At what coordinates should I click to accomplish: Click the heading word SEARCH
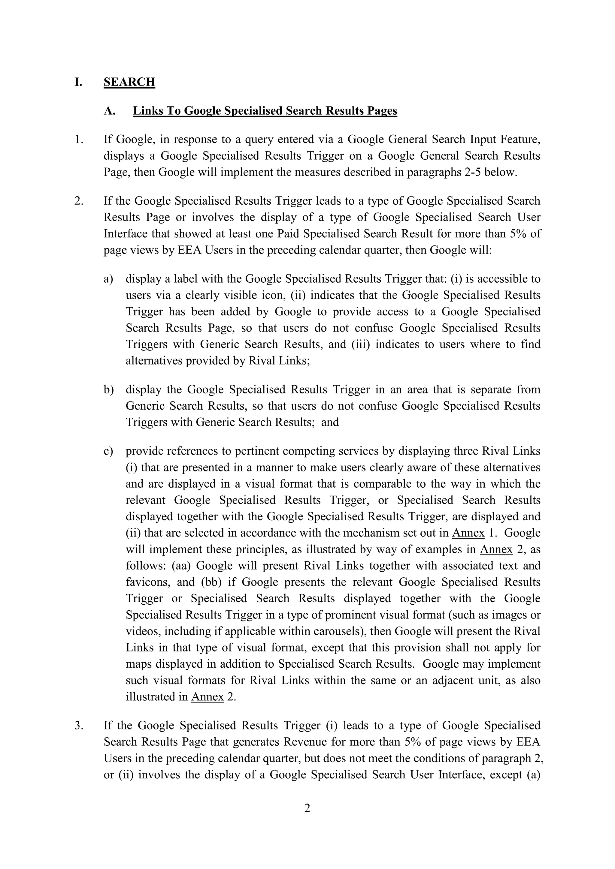click(129, 82)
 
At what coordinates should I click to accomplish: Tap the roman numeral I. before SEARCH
click(78, 82)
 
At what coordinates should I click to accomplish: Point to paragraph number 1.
click(78, 140)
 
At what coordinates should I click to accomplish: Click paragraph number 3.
click(78, 726)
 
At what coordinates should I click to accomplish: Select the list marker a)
click(108, 279)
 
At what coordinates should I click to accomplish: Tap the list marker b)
click(109, 389)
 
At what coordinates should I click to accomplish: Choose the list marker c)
click(108, 451)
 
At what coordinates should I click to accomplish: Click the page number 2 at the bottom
click(307, 808)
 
